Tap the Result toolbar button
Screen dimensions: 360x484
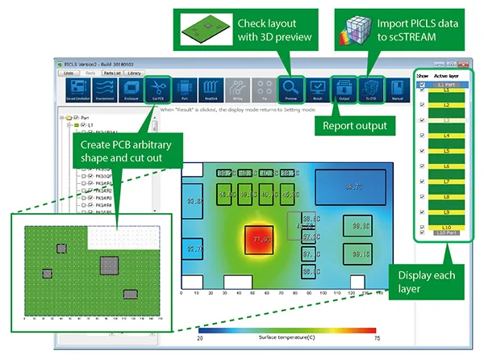(316, 86)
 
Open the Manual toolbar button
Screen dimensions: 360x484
(397, 86)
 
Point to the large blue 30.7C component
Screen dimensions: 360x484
(353, 187)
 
